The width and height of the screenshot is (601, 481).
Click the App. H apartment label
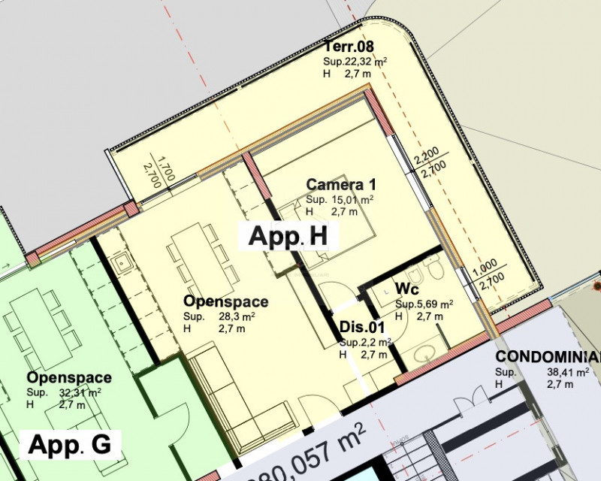coord(288,235)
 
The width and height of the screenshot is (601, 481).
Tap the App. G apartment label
coord(70,444)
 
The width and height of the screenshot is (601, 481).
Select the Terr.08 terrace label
coord(349,47)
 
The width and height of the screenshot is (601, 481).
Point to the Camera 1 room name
coord(341,184)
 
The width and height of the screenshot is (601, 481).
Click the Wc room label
coord(407,289)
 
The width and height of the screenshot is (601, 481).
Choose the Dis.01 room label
coord(362,327)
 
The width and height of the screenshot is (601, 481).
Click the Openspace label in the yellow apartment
coord(226,301)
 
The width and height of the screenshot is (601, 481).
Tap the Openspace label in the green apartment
coord(69,377)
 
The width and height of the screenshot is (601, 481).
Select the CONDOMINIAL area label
coord(548,357)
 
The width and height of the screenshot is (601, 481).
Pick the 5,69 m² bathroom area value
coord(433,304)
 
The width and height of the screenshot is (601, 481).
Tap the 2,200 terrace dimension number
coord(427,156)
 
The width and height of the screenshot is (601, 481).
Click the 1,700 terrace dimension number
coord(166,168)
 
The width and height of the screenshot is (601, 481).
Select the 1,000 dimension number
coord(485,268)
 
